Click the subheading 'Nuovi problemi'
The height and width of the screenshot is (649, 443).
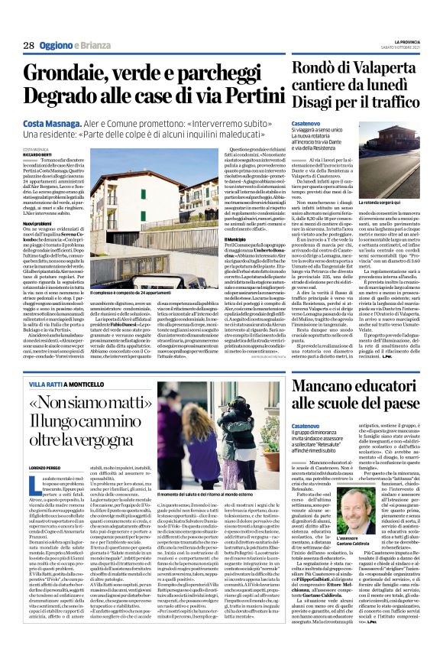[38, 222]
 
